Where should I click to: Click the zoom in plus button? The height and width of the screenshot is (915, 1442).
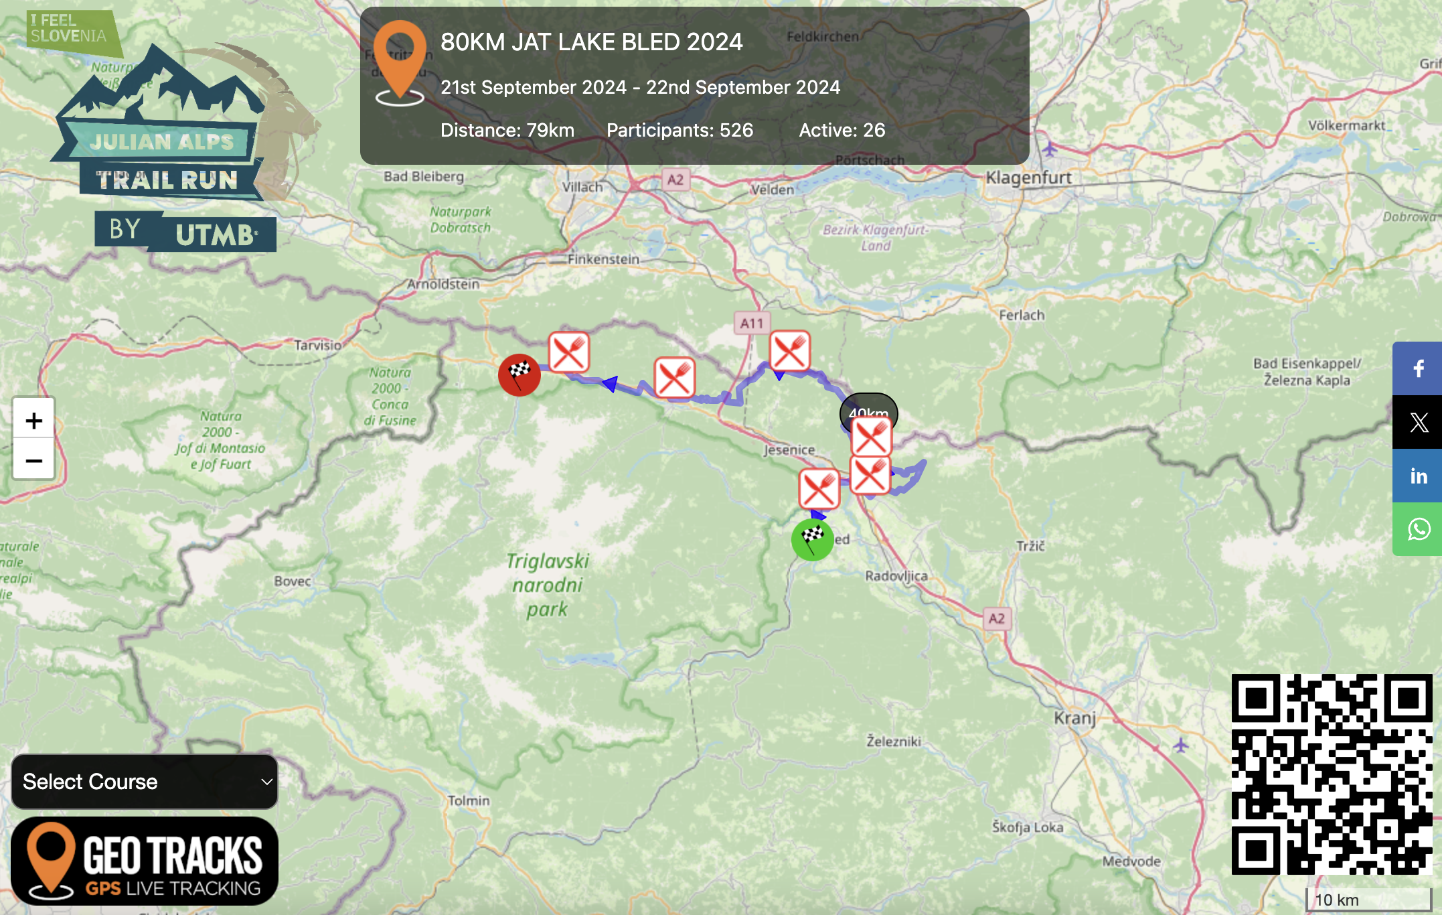(x=33, y=420)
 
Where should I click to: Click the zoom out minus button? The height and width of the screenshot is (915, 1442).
(x=33, y=460)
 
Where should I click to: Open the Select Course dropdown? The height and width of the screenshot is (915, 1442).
(x=145, y=781)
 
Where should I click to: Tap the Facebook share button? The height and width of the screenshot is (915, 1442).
(x=1418, y=368)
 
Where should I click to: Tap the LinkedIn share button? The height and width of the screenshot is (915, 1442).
(x=1418, y=476)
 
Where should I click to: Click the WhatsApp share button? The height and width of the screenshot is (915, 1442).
(x=1418, y=529)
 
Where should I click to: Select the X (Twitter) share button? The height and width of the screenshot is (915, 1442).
(x=1418, y=422)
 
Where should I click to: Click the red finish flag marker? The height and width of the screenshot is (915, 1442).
(x=519, y=374)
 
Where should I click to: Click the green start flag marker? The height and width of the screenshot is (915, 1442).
(x=812, y=539)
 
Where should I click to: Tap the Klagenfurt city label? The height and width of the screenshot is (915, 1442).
(x=1028, y=178)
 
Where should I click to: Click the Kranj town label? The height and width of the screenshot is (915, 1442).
(x=1074, y=718)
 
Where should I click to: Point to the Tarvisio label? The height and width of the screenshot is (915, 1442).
(x=318, y=345)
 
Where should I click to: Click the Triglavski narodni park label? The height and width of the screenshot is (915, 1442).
(x=547, y=585)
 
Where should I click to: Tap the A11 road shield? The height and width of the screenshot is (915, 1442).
(x=752, y=324)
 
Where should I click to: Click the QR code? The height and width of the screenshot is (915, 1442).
(x=1332, y=774)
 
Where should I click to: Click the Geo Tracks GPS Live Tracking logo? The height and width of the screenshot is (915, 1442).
(x=145, y=861)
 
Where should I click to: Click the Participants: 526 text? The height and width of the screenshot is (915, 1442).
(x=679, y=130)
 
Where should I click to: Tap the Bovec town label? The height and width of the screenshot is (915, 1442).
(x=293, y=581)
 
